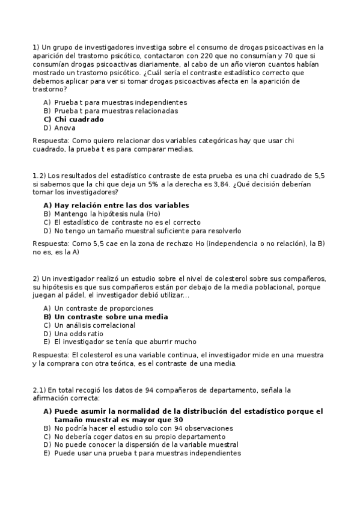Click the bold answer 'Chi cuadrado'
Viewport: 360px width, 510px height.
[x=79, y=119]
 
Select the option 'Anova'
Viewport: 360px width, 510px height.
[x=65, y=127]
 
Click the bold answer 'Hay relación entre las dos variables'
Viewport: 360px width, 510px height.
[x=121, y=205]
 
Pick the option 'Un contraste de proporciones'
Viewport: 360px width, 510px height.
[x=103, y=309]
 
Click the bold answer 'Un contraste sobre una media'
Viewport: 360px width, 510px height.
[x=111, y=317]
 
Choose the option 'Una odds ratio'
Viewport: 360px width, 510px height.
[x=79, y=334]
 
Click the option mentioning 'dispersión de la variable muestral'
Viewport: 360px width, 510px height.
[x=146, y=445]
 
